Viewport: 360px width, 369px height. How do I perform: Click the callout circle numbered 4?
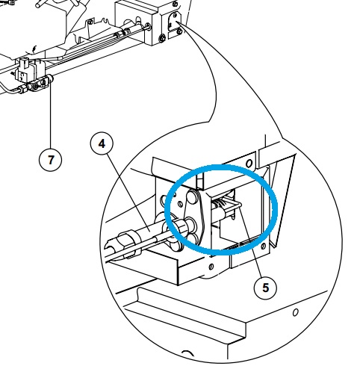point(102,143)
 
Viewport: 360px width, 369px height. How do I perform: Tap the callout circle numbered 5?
point(265,288)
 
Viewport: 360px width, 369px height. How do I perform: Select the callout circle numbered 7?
point(51,160)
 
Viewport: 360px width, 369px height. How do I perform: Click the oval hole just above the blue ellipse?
point(249,164)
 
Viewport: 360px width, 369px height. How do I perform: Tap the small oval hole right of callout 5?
point(296,312)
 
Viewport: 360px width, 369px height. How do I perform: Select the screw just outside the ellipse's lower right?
point(264,246)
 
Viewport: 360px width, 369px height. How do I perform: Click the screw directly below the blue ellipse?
point(211,267)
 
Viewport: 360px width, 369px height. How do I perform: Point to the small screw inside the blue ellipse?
point(181,204)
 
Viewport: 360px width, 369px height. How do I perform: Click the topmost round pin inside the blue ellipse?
point(193,197)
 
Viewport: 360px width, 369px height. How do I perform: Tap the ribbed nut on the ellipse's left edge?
point(180,226)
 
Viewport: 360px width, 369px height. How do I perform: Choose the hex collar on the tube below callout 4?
point(129,241)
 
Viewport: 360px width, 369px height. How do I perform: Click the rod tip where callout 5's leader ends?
point(238,205)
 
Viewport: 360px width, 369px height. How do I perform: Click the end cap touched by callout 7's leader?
point(51,78)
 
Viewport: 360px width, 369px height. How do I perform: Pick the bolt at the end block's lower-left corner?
point(162,38)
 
